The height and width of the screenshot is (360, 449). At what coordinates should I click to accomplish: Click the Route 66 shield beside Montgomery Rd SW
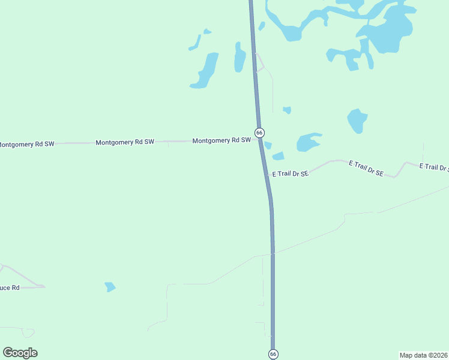[259, 132]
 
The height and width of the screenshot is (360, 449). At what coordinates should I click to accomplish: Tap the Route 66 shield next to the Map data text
[273, 354]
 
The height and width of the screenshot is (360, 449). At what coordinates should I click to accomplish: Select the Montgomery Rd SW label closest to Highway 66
[221, 140]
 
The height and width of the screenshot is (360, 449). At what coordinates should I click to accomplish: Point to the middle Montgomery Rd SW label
[125, 142]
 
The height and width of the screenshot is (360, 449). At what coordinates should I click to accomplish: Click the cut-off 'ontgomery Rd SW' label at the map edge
[26, 144]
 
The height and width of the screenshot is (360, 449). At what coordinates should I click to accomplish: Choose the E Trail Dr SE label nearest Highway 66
[290, 173]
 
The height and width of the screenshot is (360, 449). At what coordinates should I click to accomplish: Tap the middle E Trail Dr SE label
[366, 167]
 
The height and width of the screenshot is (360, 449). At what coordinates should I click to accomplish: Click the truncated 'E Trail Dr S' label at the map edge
[433, 167]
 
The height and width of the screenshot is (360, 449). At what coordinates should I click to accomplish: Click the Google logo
[20, 353]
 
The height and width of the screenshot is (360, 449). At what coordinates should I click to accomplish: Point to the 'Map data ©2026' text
[423, 355]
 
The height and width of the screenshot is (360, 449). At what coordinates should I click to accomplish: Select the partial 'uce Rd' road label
[10, 288]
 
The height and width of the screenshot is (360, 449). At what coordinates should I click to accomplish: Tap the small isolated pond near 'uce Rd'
[110, 287]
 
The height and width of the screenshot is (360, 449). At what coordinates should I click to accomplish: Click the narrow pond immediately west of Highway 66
[240, 57]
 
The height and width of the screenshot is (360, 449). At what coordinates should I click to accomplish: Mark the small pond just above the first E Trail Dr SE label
[278, 156]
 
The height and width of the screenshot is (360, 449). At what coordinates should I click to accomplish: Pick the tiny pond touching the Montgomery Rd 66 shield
[268, 145]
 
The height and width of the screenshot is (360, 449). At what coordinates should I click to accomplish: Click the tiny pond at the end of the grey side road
[287, 110]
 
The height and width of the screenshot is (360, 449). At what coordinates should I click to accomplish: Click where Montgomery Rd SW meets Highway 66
[260, 140]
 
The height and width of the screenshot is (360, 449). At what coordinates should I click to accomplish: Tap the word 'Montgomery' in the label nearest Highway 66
[209, 140]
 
